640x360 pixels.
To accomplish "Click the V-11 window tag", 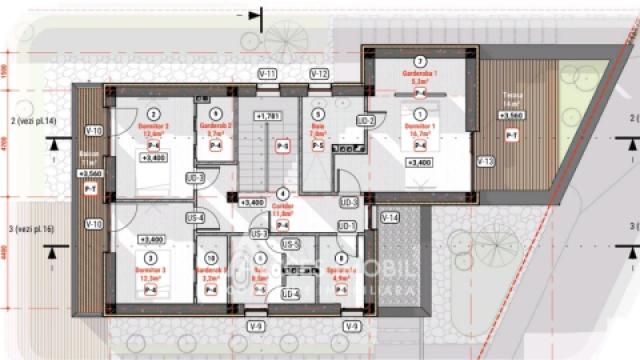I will pyautogui.click(x=267, y=75).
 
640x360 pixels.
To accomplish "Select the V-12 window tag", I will pyautogui.click(x=319, y=75).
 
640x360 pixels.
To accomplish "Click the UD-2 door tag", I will pyautogui.click(x=366, y=121).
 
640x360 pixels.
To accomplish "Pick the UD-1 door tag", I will pyautogui.click(x=347, y=226).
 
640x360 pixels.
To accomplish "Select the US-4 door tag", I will pyautogui.click(x=194, y=218).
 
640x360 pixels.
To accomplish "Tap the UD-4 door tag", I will pyautogui.click(x=290, y=294).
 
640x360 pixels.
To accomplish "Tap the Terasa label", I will pyautogui.click(x=512, y=99).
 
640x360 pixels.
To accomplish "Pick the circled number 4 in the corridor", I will pyautogui.click(x=283, y=193).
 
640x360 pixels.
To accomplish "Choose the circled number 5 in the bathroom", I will pyautogui.click(x=318, y=116).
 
